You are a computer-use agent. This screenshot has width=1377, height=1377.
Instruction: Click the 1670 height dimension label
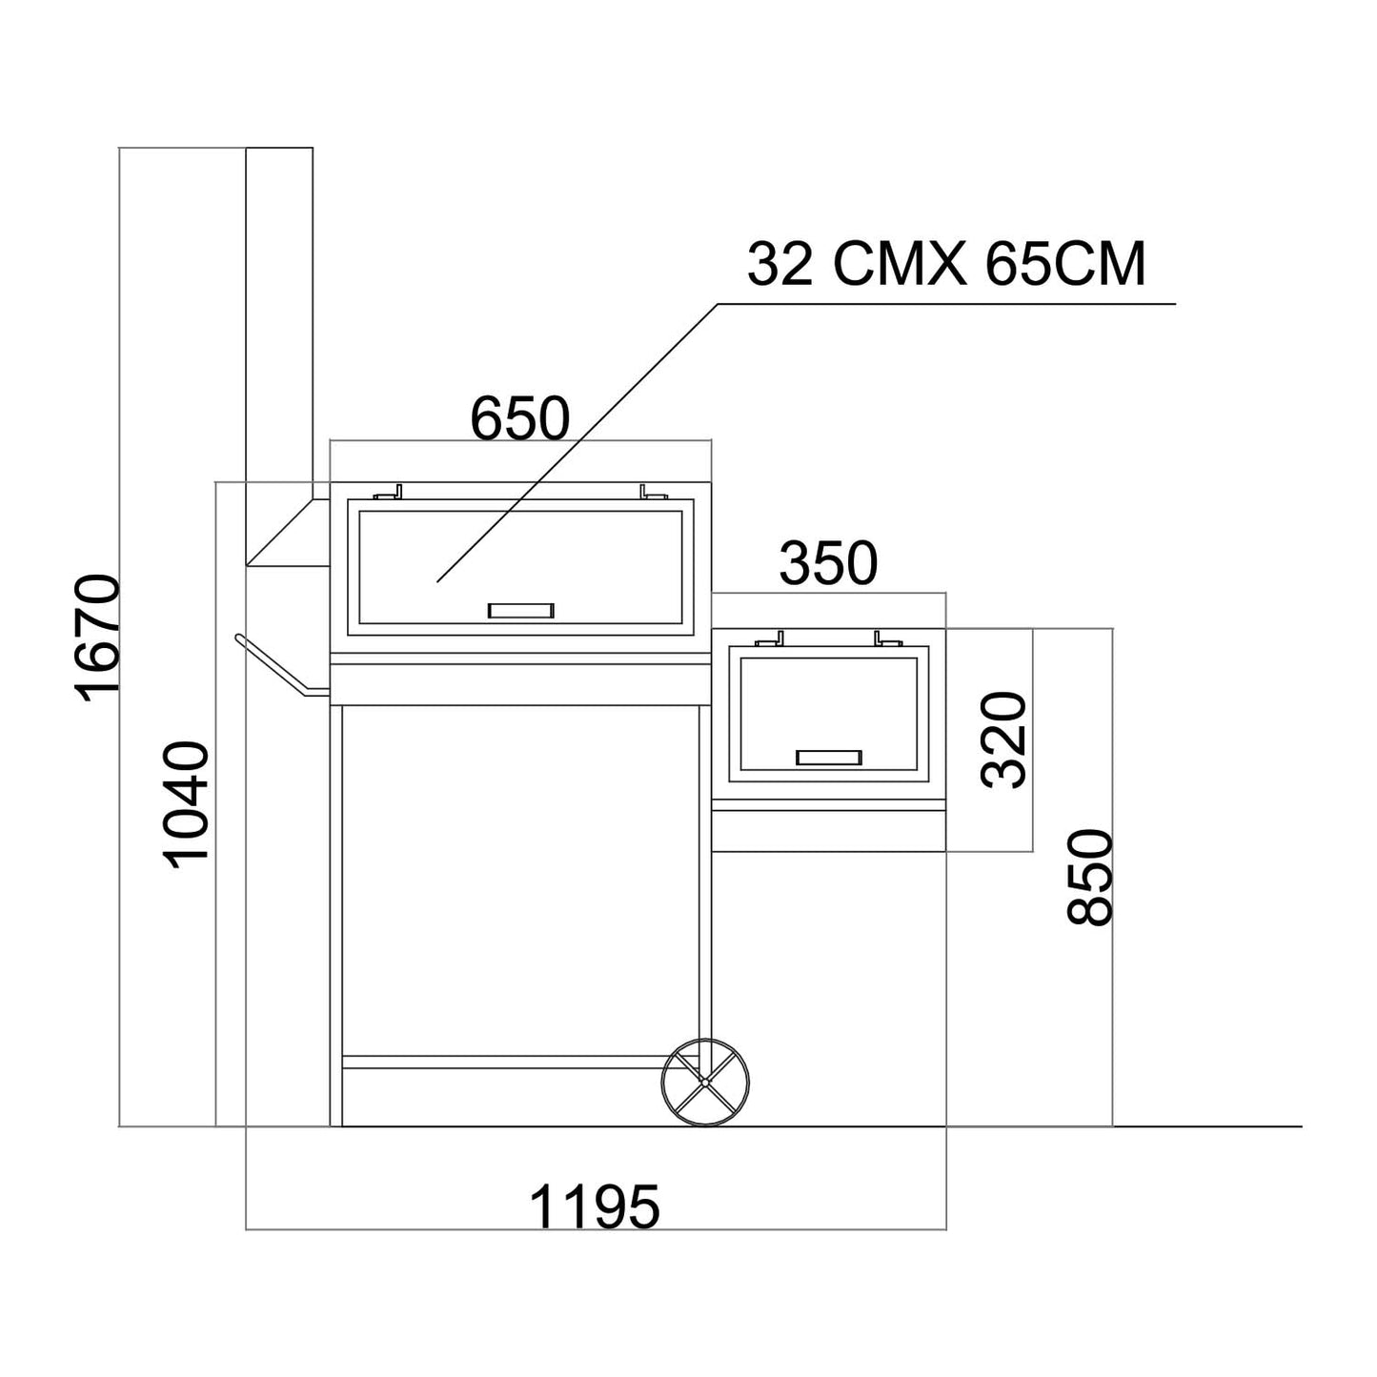click(99, 638)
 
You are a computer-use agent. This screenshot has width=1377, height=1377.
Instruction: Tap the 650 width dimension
click(520, 418)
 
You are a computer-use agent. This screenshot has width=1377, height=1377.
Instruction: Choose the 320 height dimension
click(1006, 739)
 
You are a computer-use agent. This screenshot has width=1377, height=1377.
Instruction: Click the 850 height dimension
click(1090, 878)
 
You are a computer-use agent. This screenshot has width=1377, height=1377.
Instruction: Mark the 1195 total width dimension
click(594, 1206)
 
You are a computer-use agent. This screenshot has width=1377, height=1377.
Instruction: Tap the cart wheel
click(705, 1081)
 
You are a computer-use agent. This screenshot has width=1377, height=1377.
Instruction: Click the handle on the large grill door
click(520, 611)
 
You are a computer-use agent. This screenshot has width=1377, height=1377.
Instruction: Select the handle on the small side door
click(829, 758)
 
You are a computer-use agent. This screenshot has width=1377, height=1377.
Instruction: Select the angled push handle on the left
click(276, 667)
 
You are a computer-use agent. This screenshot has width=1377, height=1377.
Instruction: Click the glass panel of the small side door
click(828, 705)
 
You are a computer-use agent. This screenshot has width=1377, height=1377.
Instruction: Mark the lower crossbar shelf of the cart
click(505, 1062)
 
